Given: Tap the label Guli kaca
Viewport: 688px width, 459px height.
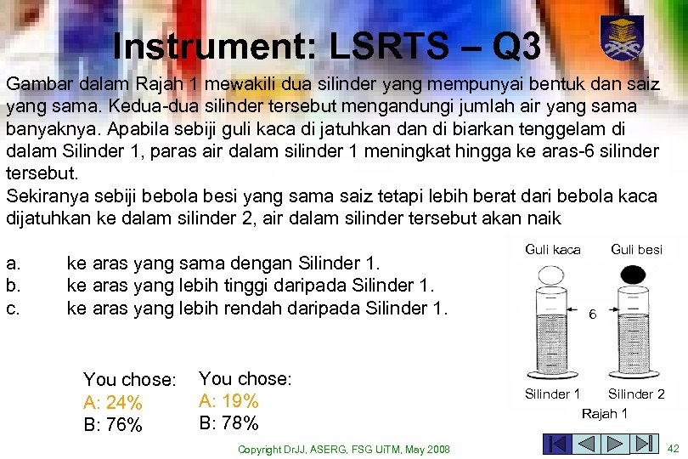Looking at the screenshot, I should point(553,250).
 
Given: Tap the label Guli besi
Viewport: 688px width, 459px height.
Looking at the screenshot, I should point(636,250).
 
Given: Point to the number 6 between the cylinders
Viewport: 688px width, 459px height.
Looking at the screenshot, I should point(593,314).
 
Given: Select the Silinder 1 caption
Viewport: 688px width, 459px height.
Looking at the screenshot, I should point(553,394).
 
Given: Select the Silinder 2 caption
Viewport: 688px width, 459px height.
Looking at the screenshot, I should point(636,394).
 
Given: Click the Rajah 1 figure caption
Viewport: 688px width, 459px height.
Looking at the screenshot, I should point(604,413).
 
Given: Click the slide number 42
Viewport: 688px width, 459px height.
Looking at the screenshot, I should point(674,447).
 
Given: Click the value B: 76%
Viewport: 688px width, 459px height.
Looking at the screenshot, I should point(113,424).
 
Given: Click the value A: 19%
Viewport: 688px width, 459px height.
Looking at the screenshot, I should point(228,400).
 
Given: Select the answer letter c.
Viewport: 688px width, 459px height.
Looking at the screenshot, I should point(12,307).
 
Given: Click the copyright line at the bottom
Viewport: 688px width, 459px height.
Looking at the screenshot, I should point(344,449).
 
